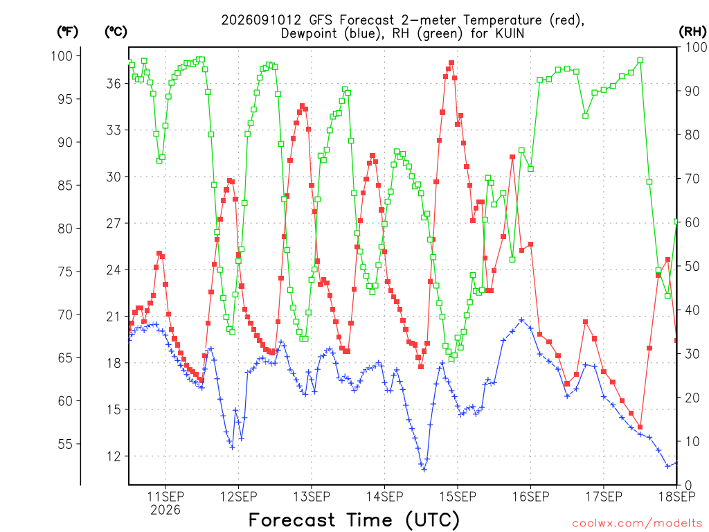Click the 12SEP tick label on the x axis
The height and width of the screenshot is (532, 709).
(238, 497)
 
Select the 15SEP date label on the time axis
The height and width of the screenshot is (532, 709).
(458, 497)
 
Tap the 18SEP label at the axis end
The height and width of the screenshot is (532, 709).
(677, 497)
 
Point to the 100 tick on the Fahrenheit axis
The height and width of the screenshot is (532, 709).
(62, 56)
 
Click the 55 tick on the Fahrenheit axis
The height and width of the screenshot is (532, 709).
(65, 444)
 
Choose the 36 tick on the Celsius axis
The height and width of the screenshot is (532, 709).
(114, 84)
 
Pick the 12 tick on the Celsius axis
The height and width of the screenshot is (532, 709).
(114, 456)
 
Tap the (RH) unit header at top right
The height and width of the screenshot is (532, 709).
(692, 31)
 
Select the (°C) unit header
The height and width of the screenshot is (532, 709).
(116, 32)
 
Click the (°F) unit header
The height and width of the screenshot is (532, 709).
(67, 32)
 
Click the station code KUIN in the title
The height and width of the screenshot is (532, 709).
(510, 33)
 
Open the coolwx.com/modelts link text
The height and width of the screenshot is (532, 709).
(637, 523)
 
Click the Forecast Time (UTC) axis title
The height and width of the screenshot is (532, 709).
(354, 520)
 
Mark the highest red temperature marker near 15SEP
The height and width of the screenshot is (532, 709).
(451, 63)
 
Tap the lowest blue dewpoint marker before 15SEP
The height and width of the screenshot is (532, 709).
(424, 469)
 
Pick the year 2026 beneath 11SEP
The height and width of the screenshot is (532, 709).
(165, 510)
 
